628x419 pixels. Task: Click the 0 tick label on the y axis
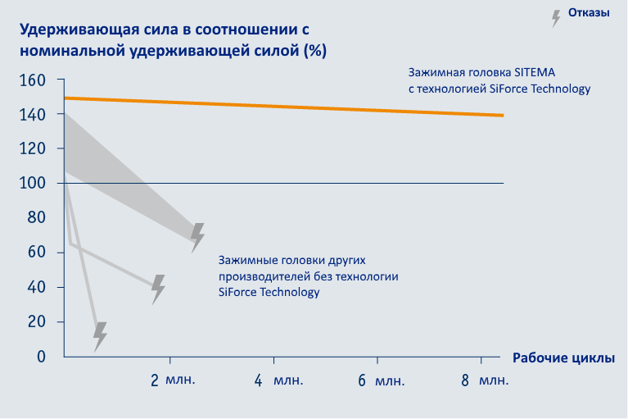coord(41,357)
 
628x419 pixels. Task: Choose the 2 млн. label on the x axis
coord(173,380)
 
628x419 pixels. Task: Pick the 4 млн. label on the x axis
coord(278,380)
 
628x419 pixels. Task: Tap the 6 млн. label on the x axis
coord(381,380)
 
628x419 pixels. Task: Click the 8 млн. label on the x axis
coord(484,380)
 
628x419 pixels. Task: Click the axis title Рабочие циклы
coord(563,358)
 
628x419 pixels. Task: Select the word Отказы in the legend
coord(590,12)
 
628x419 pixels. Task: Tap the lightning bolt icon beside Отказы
coord(556,18)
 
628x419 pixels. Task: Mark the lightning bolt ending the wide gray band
coord(197,236)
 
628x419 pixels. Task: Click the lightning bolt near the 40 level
coord(158,289)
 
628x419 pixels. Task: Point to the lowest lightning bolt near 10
coord(99,336)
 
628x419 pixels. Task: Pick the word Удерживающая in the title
coord(69,30)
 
